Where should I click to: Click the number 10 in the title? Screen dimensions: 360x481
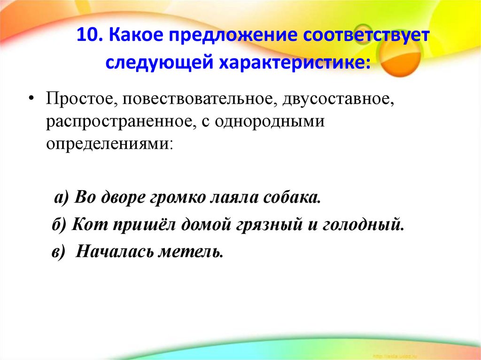click(86, 36)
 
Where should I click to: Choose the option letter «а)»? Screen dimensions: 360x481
click(62, 197)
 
